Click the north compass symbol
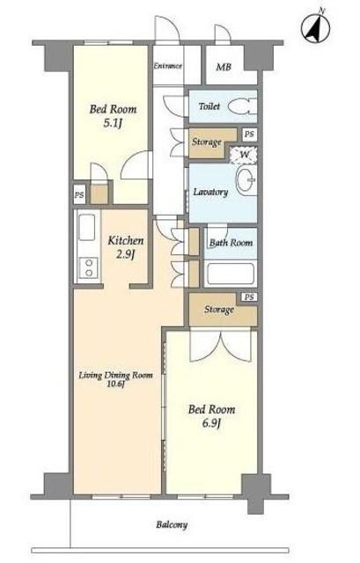click(316, 28)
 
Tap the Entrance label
click(168, 66)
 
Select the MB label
click(224, 67)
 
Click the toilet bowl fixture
click(242, 106)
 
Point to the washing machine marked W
click(244, 155)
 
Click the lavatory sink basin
click(246, 179)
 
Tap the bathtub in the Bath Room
click(231, 274)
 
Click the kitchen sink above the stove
click(86, 227)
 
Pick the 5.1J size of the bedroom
click(114, 123)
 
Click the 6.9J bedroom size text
click(211, 424)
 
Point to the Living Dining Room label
click(115, 376)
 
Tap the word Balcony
click(172, 525)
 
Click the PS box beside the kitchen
click(79, 195)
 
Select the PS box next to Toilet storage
click(249, 135)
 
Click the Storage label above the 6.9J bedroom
click(219, 309)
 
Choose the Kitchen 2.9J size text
click(125, 255)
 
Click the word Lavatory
click(210, 192)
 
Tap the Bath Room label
click(231, 243)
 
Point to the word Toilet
click(209, 106)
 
